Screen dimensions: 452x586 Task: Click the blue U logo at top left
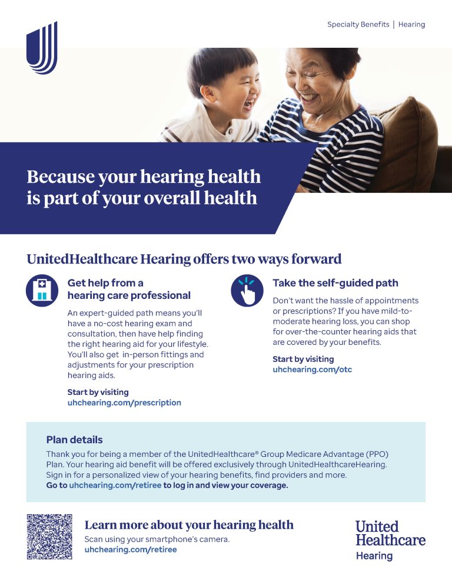42,48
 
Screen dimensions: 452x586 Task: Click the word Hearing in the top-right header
411,25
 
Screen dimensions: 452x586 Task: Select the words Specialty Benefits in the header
358,25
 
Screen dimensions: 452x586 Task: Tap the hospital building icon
42,291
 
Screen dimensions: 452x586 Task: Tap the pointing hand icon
247,291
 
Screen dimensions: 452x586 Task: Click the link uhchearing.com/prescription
124,403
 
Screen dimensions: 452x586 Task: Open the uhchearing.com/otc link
313,369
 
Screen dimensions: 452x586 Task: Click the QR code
49,536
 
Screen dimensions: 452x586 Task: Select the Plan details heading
74,440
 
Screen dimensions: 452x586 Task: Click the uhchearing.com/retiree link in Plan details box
115,485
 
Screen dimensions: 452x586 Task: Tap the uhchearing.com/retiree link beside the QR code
131,549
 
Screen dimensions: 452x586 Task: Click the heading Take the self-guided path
335,283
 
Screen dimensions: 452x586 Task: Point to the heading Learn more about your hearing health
189,525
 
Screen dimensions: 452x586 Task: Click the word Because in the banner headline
61,176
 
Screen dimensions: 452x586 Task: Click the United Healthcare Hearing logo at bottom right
390,541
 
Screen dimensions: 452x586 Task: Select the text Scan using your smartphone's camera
157,539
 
